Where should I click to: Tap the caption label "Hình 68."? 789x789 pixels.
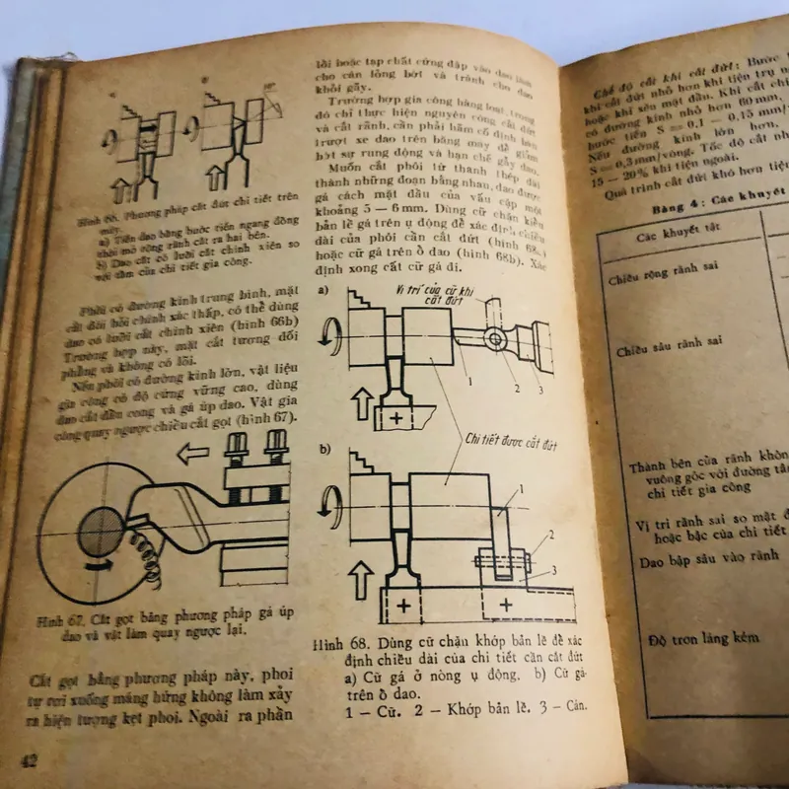(333, 644)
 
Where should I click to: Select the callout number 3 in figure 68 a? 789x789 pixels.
(538, 388)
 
